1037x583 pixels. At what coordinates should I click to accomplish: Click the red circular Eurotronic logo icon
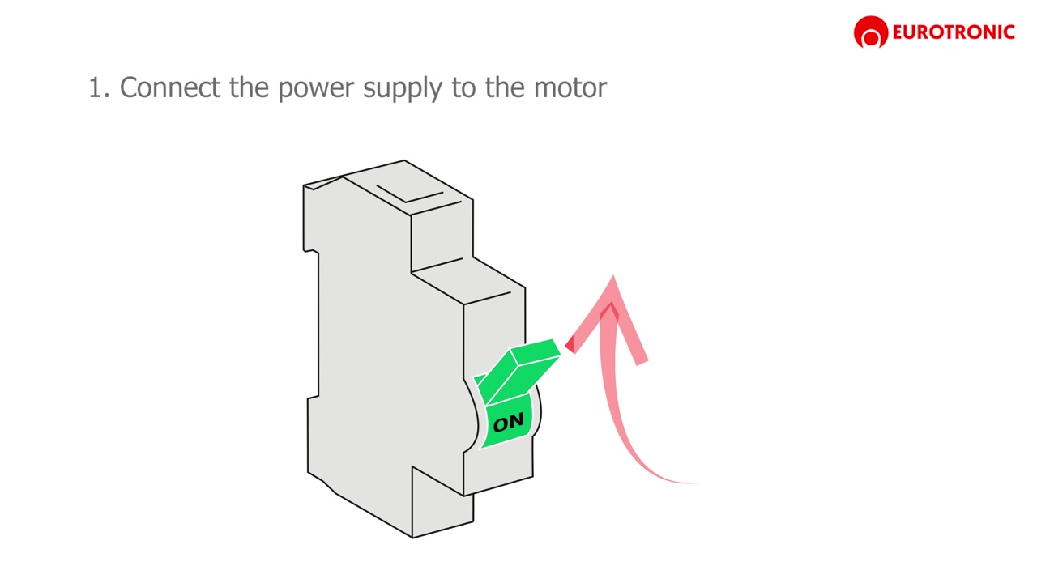(x=871, y=32)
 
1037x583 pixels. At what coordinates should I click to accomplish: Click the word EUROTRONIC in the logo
(x=954, y=32)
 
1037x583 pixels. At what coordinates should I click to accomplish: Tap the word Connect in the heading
(x=170, y=87)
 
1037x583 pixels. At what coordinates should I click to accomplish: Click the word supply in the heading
(x=403, y=89)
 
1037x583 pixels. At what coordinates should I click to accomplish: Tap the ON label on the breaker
(x=508, y=422)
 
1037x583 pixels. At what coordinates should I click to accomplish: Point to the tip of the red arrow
(x=613, y=276)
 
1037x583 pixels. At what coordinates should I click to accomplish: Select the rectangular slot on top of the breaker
(x=410, y=194)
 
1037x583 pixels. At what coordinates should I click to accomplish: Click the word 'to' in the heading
(x=463, y=87)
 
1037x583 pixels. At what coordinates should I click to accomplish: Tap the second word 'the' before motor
(x=505, y=87)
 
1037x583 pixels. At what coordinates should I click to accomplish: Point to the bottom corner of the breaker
(x=412, y=538)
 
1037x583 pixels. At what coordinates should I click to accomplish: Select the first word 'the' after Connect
(x=249, y=87)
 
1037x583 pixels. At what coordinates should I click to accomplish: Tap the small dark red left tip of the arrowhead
(x=570, y=345)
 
